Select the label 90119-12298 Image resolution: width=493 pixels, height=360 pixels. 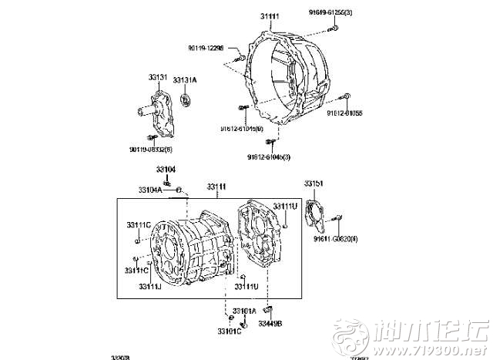pyautogui.click(x=206, y=48)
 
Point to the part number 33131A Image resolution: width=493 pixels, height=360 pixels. pyautogui.click(x=185, y=80)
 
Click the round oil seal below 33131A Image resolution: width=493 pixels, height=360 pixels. pyautogui.click(x=185, y=99)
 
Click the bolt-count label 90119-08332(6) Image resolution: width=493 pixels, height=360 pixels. pyautogui.click(x=151, y=149)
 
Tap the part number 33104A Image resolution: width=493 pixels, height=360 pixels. pyautogui.click(x=151, y=190)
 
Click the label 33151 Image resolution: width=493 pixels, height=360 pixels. pyautogui.click(x=314, y=183)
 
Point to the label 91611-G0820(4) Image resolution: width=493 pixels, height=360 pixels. pyautogui.click(x=334, y=240)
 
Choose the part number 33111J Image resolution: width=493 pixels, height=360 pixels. pyautogui.click(x=150, y=287)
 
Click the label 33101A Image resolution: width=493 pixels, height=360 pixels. pyautogui.click(x=244, y=311)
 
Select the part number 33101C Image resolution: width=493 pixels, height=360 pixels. pyautogui.click(x=229, y=331)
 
